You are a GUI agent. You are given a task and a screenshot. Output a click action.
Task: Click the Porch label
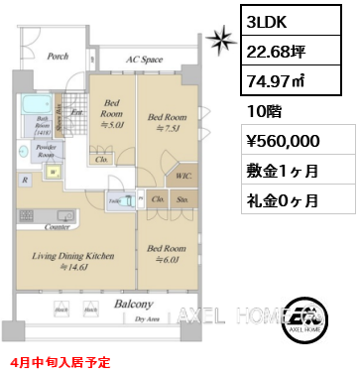click(x=58, y=57)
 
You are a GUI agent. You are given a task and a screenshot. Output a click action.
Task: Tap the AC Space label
click(x=144, y=60)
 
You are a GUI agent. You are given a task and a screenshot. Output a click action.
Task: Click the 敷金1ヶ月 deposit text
click(x=284, y=171)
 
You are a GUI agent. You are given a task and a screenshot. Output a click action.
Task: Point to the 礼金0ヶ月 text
click(x=284, y=200)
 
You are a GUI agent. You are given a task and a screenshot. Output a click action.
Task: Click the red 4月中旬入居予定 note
click(x=61, y=364)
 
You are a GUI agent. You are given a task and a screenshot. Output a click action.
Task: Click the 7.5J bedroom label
click(x=166, y=121)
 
